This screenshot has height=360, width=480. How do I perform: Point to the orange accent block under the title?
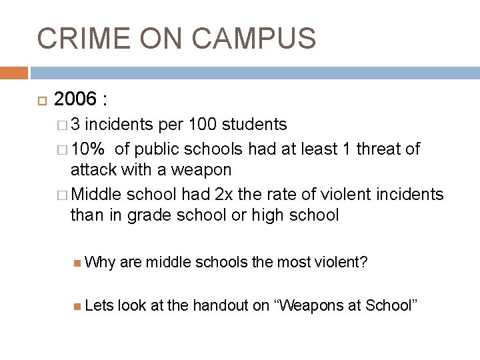pyautogui.click(x=14, y=72)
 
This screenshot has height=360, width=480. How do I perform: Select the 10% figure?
pyautogui.click(x=90, y=149)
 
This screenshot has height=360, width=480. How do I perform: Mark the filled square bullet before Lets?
pyautogui.click(x=79, y=306)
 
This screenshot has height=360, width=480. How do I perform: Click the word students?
pyautogui.click(x=254, y=125)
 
